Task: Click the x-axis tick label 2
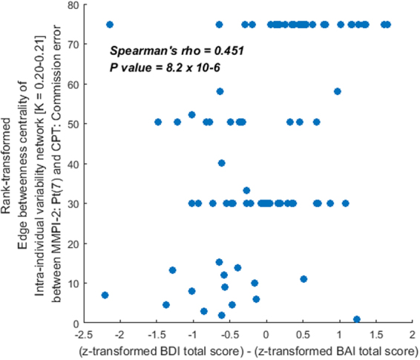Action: (x=410, y=335)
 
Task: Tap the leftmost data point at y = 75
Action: (x=110, y=24)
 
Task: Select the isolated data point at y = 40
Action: (x=221, y=163)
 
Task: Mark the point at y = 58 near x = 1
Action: (x=338, y=91)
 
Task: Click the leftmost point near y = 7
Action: (x=105, y=295)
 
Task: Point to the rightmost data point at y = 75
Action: (x=387, y=24)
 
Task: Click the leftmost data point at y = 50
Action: (x=157, y=122)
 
